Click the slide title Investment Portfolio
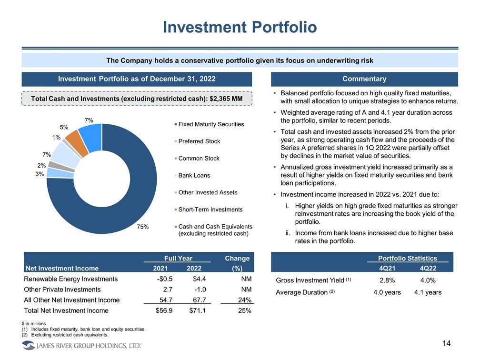coord(240,27)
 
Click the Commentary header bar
coord(364,79)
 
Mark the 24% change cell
coord(243,300)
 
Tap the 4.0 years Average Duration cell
coord(387,292)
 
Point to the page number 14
coord(446,344)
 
